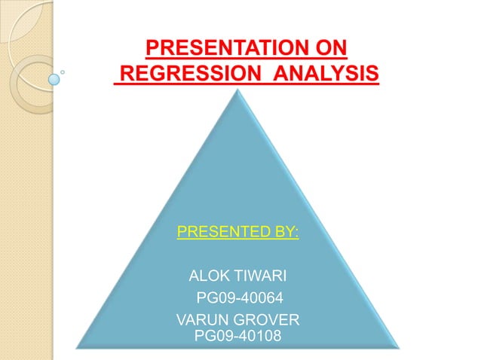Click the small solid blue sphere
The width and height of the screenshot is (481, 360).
(x=54, y=78)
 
